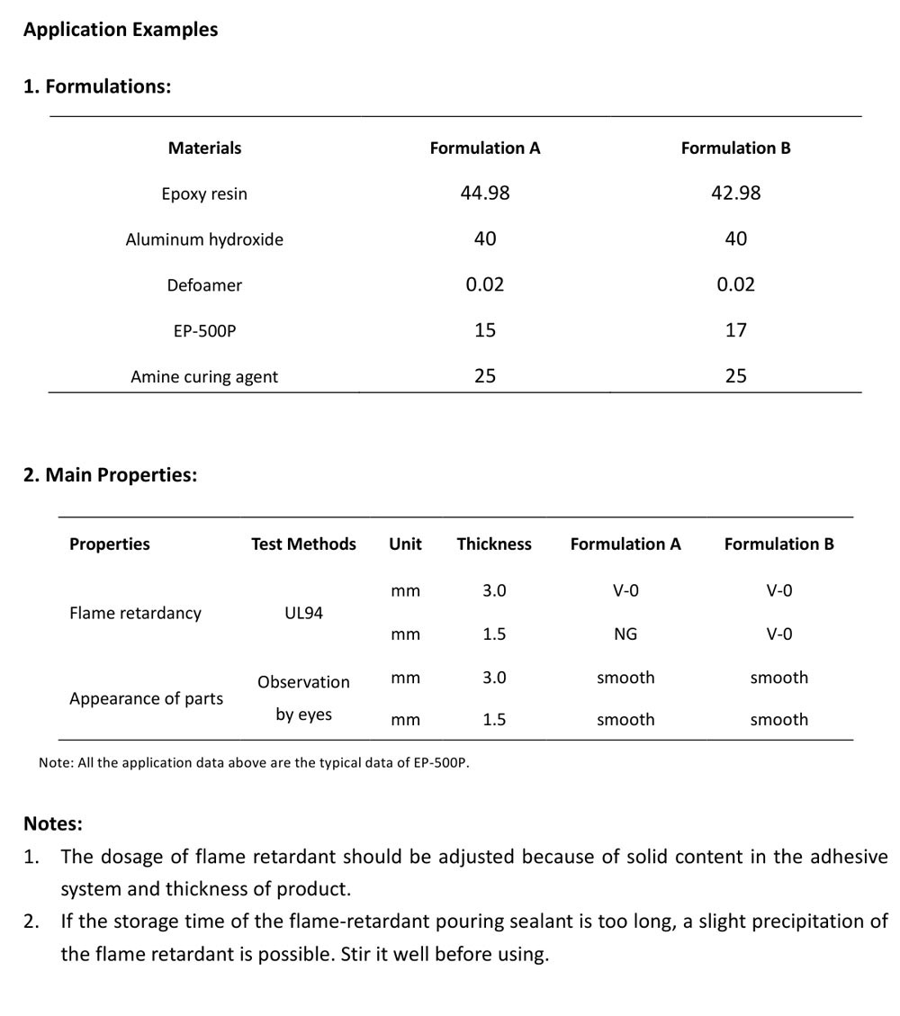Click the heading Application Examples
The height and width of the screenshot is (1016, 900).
coord(121,30)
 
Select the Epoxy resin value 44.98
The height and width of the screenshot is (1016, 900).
coord(484,193)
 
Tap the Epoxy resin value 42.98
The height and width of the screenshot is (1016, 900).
coord(735,193)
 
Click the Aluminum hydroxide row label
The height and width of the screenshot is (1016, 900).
coord(204,239)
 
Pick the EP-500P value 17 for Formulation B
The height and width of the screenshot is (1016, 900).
coord(735,330)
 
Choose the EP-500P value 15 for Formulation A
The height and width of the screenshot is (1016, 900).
coord(484,330)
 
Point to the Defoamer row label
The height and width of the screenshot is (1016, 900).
coord(204,285)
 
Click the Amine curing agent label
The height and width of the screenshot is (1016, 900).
coord(204,377)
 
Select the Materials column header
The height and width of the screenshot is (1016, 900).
coord(204,148)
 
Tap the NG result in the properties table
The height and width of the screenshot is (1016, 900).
coord(625,634)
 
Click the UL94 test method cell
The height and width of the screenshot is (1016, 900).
coord(303,613)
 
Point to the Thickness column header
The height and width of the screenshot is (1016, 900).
coord(493,544)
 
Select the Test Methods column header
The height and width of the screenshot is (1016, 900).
coord(303,544)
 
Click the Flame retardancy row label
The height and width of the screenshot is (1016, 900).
coord(135,613)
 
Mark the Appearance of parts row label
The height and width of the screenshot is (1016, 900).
coord(146,698)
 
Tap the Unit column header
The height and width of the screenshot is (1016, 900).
coord(405,544)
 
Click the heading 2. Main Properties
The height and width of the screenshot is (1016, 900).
coord(110,474)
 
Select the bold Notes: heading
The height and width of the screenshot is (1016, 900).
coord(53,823)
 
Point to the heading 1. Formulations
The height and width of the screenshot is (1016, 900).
coord(97,86)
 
